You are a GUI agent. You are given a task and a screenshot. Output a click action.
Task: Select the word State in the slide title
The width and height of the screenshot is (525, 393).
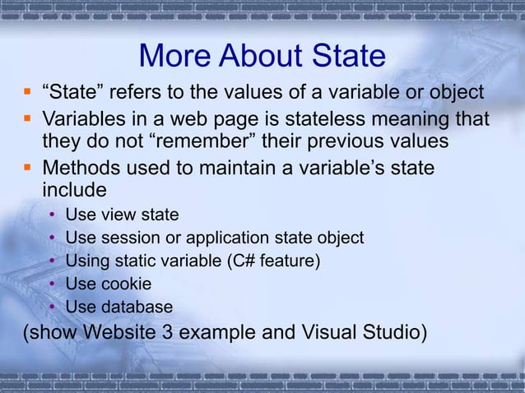click(346, 56)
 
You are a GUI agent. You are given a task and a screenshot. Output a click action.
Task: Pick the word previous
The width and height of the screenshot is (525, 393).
click(348, 141)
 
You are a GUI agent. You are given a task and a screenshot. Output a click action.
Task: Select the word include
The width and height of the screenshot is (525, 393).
click(74, 191)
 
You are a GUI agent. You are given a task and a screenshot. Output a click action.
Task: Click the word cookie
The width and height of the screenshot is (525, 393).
click(123, 284)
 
